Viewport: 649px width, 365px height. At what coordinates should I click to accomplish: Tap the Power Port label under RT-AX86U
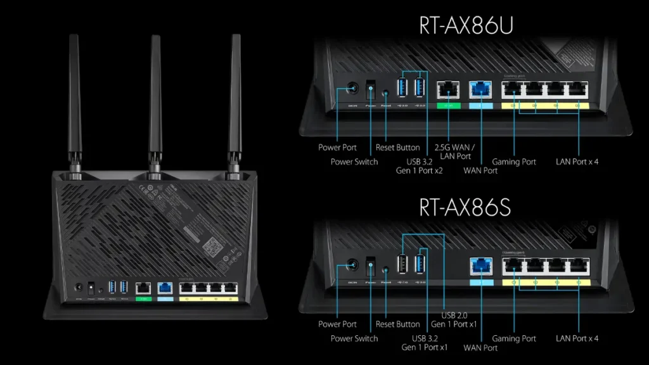(x=338, y=147)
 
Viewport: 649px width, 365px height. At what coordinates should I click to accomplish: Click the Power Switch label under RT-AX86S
(x=354, y=338)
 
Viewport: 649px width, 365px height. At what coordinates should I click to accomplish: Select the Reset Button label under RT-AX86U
(x=397, y=147)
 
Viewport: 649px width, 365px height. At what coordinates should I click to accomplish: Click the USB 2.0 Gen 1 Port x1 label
(x=453, y=319)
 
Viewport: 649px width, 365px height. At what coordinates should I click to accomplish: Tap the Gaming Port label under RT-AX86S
(x=514, y=338)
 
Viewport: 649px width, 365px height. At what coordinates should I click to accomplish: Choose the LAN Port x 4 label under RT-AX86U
(x=577, y=162)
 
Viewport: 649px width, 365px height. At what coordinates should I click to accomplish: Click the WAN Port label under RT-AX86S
(x=480, y=347)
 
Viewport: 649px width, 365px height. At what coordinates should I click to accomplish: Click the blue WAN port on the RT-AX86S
(x=480, y=267)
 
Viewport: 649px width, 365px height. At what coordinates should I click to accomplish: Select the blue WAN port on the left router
(x=165, y=287)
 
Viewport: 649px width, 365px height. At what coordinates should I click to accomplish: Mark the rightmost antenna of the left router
(x=236, y=95)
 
